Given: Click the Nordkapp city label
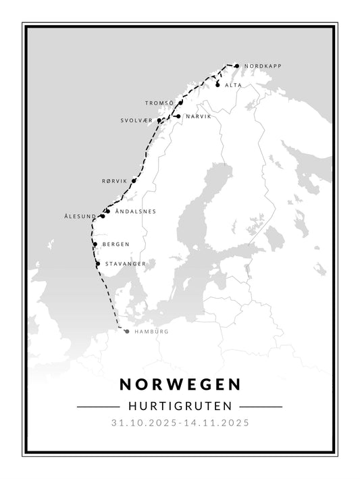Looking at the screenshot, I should pos(262,66).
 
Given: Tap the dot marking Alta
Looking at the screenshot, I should pos(217,85).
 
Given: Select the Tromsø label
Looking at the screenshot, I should pos(159,103).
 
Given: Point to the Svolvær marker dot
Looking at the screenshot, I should pos(159,121).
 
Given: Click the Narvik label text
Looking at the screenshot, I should pos(198,117).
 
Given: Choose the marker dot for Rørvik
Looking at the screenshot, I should pos(134,181).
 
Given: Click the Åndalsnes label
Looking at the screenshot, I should pos(136,211).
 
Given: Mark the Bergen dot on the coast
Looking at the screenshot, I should pos(95,245).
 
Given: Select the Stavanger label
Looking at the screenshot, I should pos(125,263).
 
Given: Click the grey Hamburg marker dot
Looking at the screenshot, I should pos(126,331).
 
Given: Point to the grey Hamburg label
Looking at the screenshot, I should pos(151,332).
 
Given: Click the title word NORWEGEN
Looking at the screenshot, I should pos(180,384).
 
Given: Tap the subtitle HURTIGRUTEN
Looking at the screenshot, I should pos(180,407).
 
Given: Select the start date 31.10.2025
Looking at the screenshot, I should pos(144,424).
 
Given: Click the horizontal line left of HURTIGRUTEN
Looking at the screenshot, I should pos(98,407).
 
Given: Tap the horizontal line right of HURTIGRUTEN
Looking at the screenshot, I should pos(261,407).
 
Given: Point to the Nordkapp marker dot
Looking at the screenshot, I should pos(236,66).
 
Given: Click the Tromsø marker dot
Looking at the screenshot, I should pos(181,103).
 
